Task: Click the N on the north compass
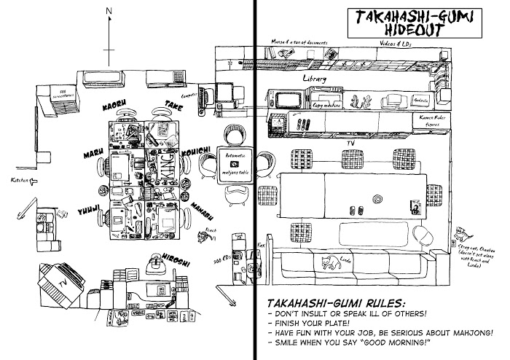coord(108,11)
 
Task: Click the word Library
coord(315,78)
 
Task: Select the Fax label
coord(262,246)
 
